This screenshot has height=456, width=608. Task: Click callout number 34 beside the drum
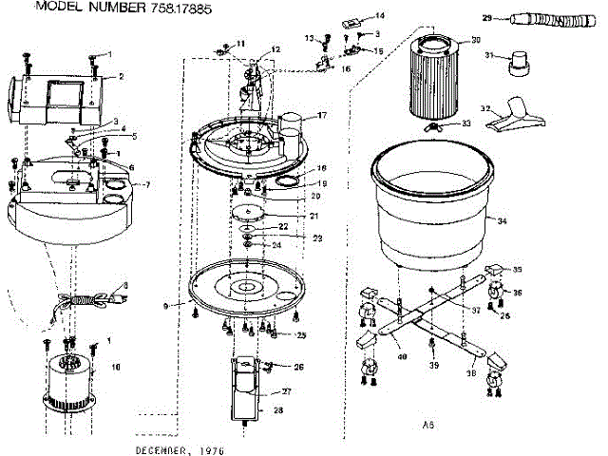pos(503,220)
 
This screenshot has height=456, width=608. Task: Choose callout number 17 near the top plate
pos(321,115)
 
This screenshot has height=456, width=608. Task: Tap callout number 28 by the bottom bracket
pos(278,410)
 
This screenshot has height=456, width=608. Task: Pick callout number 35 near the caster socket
pos(518,269)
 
